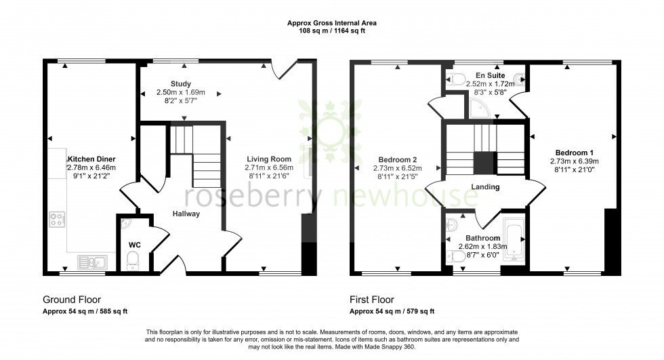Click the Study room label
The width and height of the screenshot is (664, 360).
pos(181,83)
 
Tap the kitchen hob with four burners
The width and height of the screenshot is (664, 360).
pos(57,220)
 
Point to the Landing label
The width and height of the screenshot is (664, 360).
pos(485,187)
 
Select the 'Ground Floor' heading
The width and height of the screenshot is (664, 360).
pos(71,299)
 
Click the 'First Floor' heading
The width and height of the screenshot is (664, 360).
pos(371,299)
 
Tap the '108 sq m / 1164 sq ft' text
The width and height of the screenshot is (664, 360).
pos(332,31)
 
